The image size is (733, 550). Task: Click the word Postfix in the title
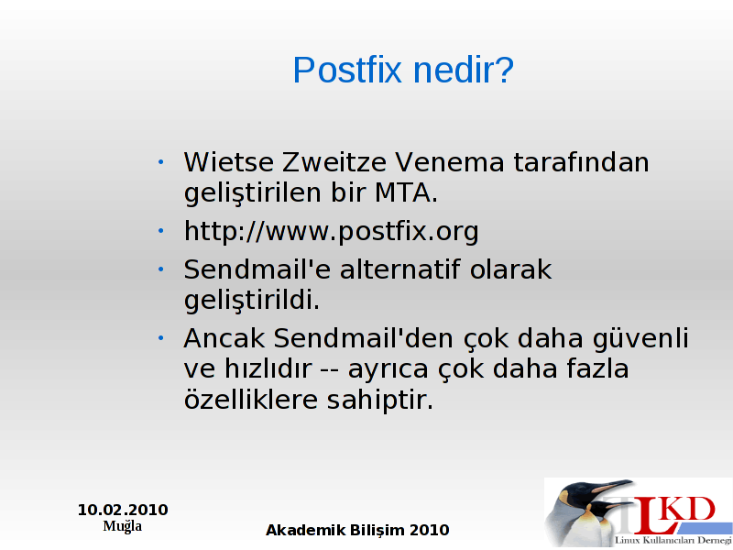click(347, 70)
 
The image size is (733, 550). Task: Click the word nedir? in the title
click(464, 70)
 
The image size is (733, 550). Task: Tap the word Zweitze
click(334, 162)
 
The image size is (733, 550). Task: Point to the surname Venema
click(450, 162)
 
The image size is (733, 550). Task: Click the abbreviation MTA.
click(406, 192)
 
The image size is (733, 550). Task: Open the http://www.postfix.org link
click(331, 232)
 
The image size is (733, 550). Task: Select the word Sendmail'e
click(257, 269)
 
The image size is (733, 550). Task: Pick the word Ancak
click(224, 338)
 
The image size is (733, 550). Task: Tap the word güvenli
click(640, 339)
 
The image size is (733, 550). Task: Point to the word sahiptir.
click(380, 401)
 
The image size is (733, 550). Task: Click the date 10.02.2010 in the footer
click(123, 510)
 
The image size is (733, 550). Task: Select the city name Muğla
click(123, 526)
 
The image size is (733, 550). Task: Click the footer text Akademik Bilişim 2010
click(357, 530)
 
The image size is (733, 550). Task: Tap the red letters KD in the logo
click(689, 511)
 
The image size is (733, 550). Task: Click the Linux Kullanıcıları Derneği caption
click(673, 540)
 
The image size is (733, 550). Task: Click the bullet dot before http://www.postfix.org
click(161, 231)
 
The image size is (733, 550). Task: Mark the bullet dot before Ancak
click(161, 337)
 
